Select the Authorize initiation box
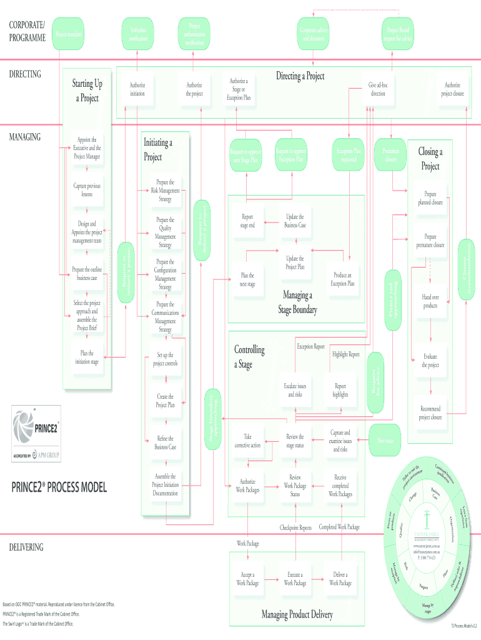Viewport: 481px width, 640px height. point(137,89)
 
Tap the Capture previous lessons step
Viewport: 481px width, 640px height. point(87,190)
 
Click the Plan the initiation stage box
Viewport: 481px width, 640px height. point(87,357)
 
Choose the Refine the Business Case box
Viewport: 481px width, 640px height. point(166,443)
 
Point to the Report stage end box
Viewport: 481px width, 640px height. point(247,221)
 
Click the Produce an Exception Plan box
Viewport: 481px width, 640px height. point(342,279)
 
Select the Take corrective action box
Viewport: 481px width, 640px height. point(247,441)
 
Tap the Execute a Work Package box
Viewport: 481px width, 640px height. point(295,579)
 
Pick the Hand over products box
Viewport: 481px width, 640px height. point(430,301)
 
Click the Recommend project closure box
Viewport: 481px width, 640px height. point(430,413)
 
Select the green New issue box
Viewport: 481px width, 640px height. point(385,441)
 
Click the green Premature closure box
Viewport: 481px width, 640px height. point(390,154)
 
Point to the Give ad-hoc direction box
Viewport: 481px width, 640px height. point(378,89)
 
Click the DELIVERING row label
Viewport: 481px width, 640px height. point(26,547)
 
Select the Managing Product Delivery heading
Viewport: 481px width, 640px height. point(297,614)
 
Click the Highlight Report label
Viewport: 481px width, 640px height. point(346,354)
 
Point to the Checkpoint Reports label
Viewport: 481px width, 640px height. point(295,527)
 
